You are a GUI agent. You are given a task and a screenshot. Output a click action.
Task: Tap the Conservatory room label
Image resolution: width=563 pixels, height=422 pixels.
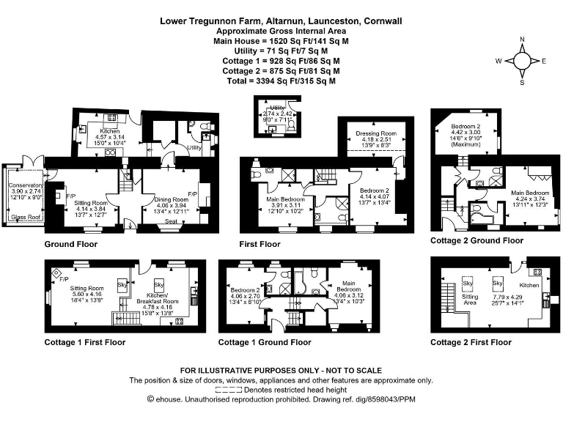coord(26,185)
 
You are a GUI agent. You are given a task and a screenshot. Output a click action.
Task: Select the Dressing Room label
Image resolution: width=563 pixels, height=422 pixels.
coord(375,133)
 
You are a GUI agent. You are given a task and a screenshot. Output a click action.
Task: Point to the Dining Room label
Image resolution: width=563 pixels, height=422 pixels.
coord(172,199)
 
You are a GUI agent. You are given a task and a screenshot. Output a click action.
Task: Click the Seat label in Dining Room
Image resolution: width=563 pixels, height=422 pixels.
coord(170,222)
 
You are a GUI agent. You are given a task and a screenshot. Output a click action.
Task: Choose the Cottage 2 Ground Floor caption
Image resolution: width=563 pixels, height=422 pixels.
coord(476,240)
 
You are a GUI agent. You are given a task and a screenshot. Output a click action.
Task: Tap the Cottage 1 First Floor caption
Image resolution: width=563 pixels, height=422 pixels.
coord(85,342)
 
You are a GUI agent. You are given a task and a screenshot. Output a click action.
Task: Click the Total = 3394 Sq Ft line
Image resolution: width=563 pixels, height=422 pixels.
coord(281,81)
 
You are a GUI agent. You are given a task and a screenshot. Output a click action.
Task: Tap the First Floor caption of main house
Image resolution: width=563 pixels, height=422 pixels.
coord(260,244)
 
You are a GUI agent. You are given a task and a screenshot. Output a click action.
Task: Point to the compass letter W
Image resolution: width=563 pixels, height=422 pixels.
coord(498,62)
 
